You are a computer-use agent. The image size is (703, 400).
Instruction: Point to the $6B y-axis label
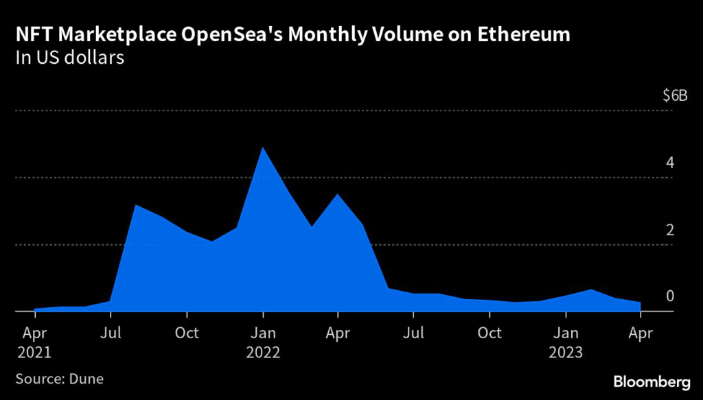pos(674,96)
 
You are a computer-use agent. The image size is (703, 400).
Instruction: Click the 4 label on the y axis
pos(669,163)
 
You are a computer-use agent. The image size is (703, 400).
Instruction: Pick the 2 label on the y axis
pos(669,230)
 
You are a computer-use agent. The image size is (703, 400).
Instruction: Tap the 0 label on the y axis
pos(669,296)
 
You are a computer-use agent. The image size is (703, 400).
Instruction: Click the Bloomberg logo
pos(652,380)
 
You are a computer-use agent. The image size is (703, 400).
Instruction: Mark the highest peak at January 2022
pos(262,148)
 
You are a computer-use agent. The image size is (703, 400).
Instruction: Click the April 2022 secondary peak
pos(338,195)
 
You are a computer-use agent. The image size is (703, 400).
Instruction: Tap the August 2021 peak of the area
pos(136,205)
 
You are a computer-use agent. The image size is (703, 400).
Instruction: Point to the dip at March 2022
pos(312,226)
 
